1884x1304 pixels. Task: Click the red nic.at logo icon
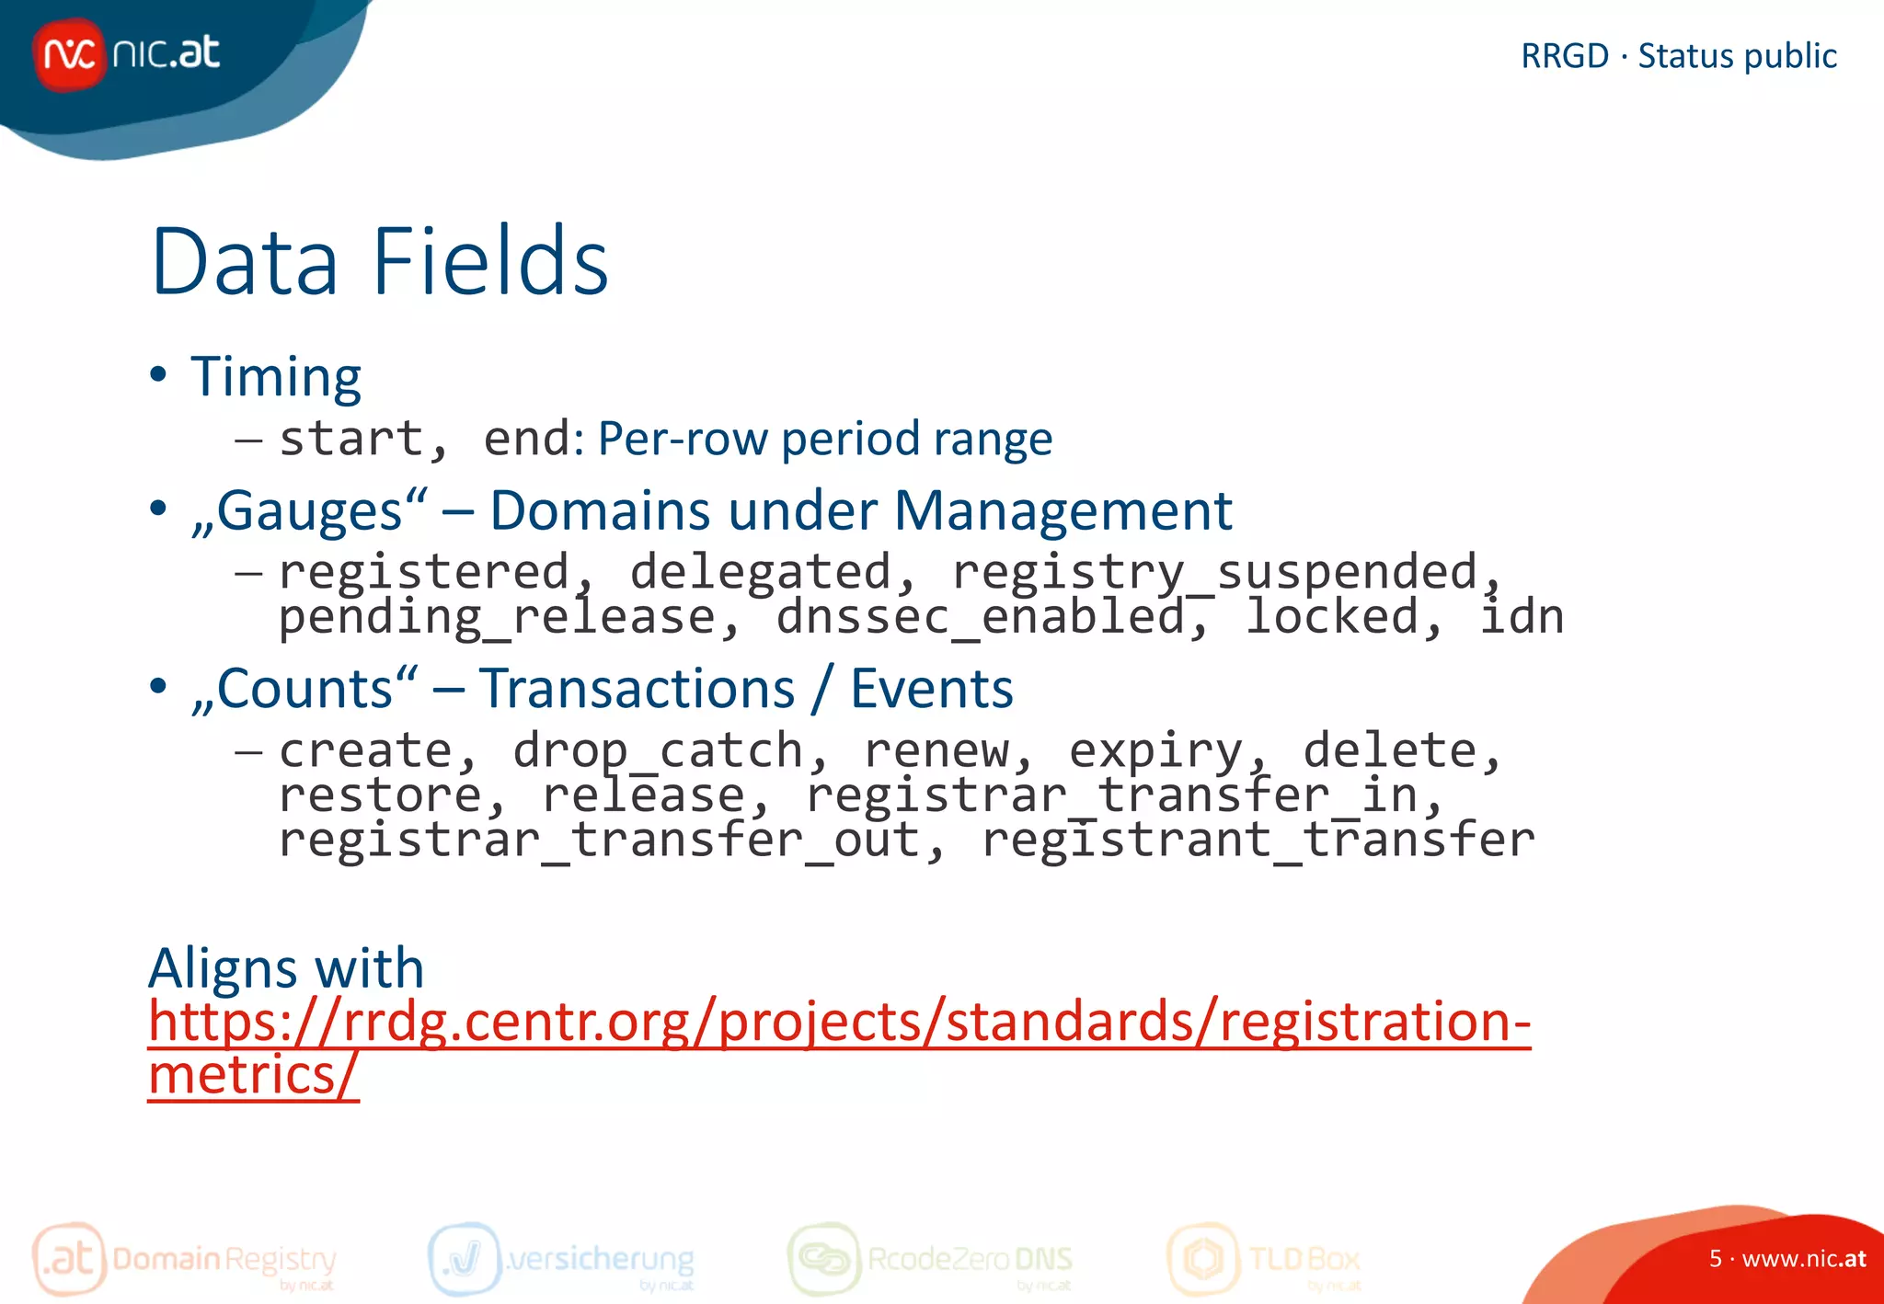pyautogui.click(x=68, y=54)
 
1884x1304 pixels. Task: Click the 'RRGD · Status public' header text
pyautogui.click(x=1678, y=56)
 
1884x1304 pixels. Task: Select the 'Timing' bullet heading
pyautogui.click(x=275, y=377)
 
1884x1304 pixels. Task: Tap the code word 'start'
pyautogui.click(x=350, y=439)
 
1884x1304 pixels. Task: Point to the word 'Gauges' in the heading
pyautogui.click(x=309, y=510)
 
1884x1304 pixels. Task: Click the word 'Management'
pyautogui.click(x=1063, y=510)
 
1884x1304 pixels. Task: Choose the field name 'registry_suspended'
pyautogui.click(x=1214, y=573)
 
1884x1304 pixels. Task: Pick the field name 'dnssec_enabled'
pyautogui.click(x=981, y=617)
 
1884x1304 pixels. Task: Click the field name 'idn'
pyautogui.click(x=1522, y=617)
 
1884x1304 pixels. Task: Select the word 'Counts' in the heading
pyautogui.click(x=304, y=689)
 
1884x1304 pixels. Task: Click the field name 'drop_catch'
pyautogui.click(x=658, y=751)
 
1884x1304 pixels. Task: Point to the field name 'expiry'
pyautogui.click(x=1155, y=751)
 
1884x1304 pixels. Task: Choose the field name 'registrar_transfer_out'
pyautogui.click(x=599, y=840)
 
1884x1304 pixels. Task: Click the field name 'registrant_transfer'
pyautogui.click(x=1258, y=840)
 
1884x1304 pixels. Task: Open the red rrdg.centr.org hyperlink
pyautogui.click(x=838, y=1023)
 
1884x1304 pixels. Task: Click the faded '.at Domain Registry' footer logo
pyautogui.click(x=185, y=1259)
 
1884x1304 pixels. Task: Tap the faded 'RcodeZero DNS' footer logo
pyautogui.click(x=931, y=1259)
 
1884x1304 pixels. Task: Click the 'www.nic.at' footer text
pyautogui.click(x=1803, y=1259)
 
